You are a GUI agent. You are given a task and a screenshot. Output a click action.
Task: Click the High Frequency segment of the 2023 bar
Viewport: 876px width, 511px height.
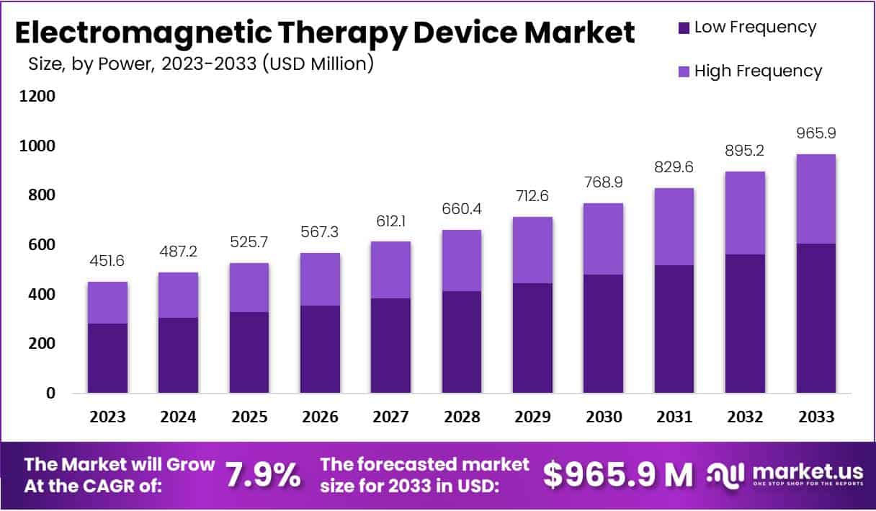(107, 303)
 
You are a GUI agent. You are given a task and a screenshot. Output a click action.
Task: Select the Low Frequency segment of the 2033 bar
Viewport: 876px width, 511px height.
(816, 319)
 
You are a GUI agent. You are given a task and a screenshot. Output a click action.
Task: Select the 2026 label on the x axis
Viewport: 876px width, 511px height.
(320, 417)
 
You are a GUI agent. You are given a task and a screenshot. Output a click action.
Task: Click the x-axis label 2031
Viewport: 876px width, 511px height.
(674, 417)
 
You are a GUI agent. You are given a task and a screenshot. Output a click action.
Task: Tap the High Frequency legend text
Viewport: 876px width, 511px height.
(758, 71)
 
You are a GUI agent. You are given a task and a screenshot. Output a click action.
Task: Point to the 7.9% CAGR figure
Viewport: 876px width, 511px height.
(263, 474)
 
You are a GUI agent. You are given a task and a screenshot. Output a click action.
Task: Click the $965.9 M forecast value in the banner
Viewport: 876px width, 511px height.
(617, 474)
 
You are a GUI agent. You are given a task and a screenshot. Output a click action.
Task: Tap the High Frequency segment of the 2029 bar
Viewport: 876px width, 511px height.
(532, 250)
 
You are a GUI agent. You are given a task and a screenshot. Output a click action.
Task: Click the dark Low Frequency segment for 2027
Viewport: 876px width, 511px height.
(391, 346)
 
